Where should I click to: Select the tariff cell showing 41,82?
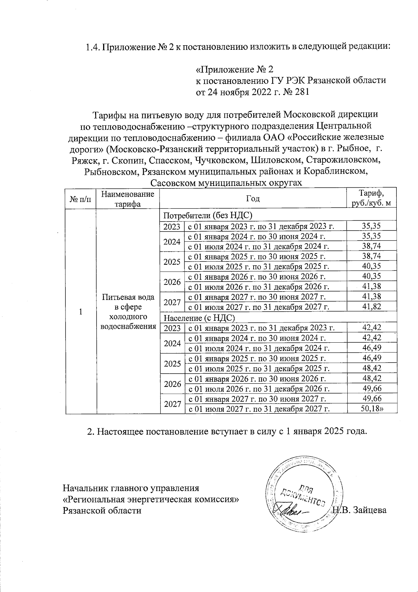(371, 306)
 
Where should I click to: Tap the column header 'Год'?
(253, 198)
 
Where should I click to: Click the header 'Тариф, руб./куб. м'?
(372, 198)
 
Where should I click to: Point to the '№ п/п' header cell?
(80, 199)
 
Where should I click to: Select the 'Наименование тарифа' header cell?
(127, 199)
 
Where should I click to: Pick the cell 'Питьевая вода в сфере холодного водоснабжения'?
(128, 312)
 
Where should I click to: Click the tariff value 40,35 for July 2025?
(371, 266)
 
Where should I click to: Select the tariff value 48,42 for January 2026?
(371, 378)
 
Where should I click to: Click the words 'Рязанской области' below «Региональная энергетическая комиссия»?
(102, 511)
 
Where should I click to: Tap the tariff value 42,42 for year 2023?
(371, 327)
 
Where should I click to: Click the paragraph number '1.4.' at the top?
(93, 47)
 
